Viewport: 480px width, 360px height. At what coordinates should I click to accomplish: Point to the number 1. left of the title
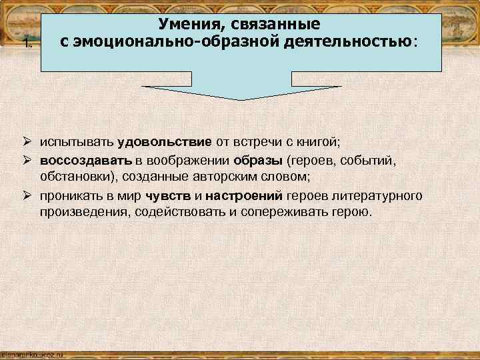coord(27,45)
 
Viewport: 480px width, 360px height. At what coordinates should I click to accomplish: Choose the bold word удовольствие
coord(165,142)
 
